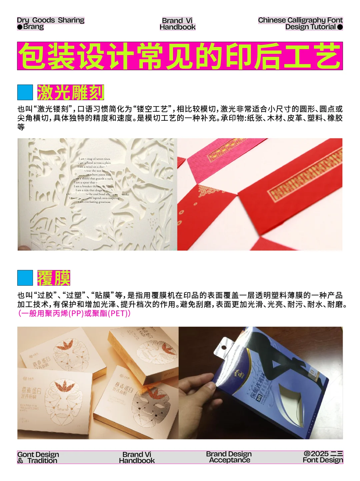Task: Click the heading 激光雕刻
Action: point(71,92)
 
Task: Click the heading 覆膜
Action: point(54,278)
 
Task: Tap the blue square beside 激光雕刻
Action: point(25,92)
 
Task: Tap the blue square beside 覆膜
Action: point(25,278)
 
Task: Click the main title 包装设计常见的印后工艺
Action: point(180,56)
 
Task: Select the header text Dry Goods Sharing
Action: point(51,20)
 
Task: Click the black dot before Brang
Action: point(20,27)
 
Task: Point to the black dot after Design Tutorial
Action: point(340,27)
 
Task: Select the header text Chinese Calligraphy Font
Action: point(300,20)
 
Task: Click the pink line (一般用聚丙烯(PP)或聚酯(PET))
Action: point(74,313)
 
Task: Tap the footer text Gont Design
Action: point(38,454)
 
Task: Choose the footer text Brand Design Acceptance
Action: point(229,457)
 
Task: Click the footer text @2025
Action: point(316,454)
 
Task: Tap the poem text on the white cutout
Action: point(95,180)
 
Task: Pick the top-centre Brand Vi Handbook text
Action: point(177,24)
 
